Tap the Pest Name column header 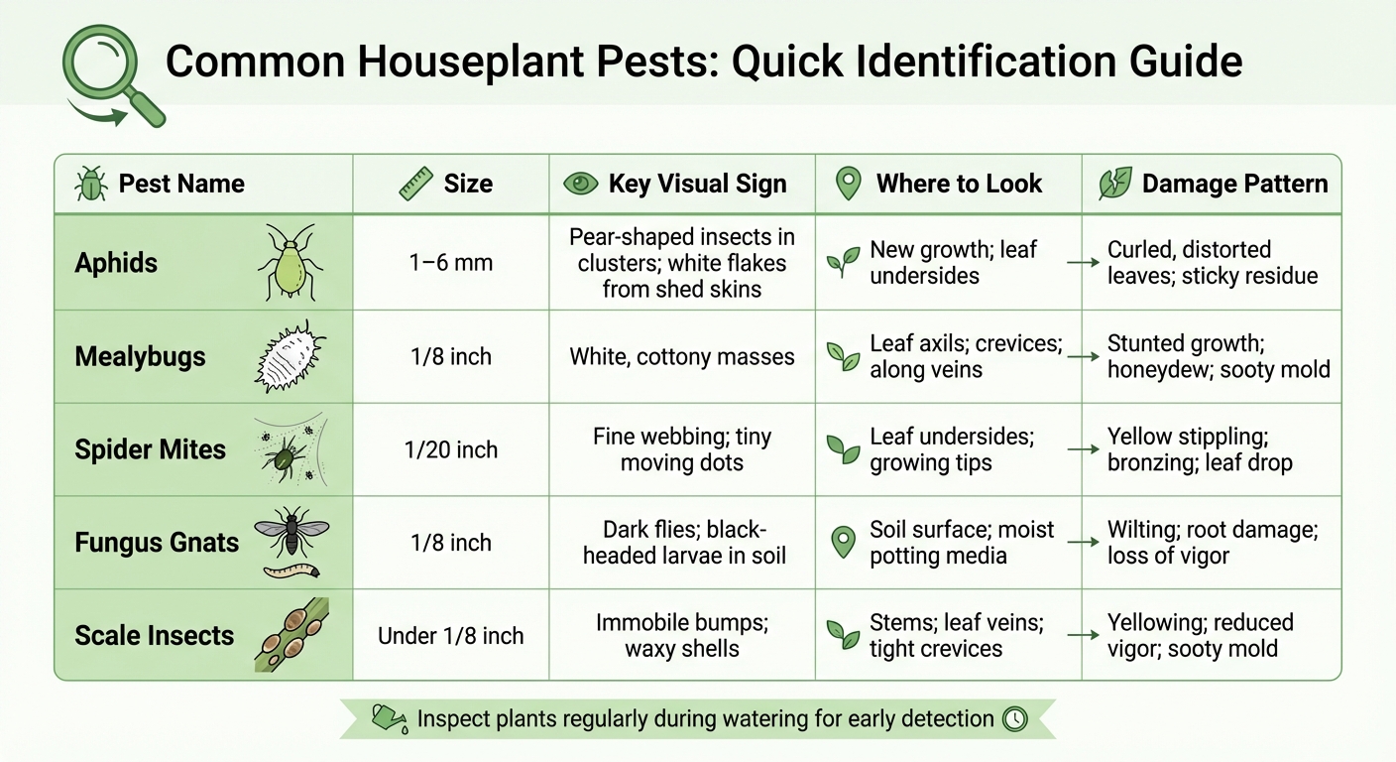[180, 184]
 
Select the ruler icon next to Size [415, 184]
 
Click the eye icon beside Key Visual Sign [580, 184]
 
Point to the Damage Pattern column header [1233, 184]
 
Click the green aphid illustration [289, 262]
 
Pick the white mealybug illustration [290, 356]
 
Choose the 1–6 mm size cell [451, 263]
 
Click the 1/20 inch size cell [451, 449]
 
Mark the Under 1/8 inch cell [451, 636]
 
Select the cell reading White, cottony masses [682, 356]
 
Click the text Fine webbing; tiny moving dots [682, 449]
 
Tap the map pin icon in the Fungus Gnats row [844, 542]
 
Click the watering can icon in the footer [387, 717]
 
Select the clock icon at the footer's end [1015, 718]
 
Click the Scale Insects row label [155, 636]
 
